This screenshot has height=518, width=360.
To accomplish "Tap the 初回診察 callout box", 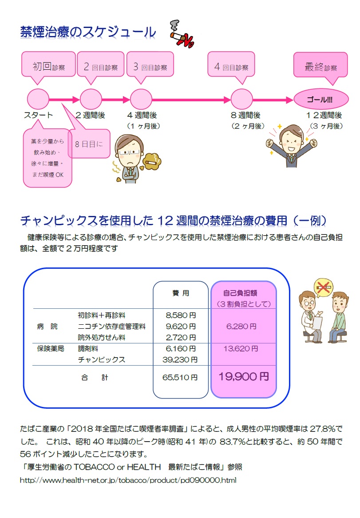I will click(48, 67).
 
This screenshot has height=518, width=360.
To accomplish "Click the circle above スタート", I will click(38, 99).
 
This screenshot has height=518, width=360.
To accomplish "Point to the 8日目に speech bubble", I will click(89, 143).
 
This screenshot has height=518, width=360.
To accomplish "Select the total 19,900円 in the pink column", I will click(243, 377).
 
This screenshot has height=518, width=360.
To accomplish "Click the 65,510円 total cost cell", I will click(181, 378).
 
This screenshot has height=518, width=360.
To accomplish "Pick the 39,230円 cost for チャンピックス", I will click(181, 359).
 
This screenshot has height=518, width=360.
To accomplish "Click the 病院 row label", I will click(47, 327).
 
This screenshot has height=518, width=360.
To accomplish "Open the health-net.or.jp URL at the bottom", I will click(129, 480).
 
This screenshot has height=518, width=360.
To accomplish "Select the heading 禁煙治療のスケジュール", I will click(88, 32).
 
